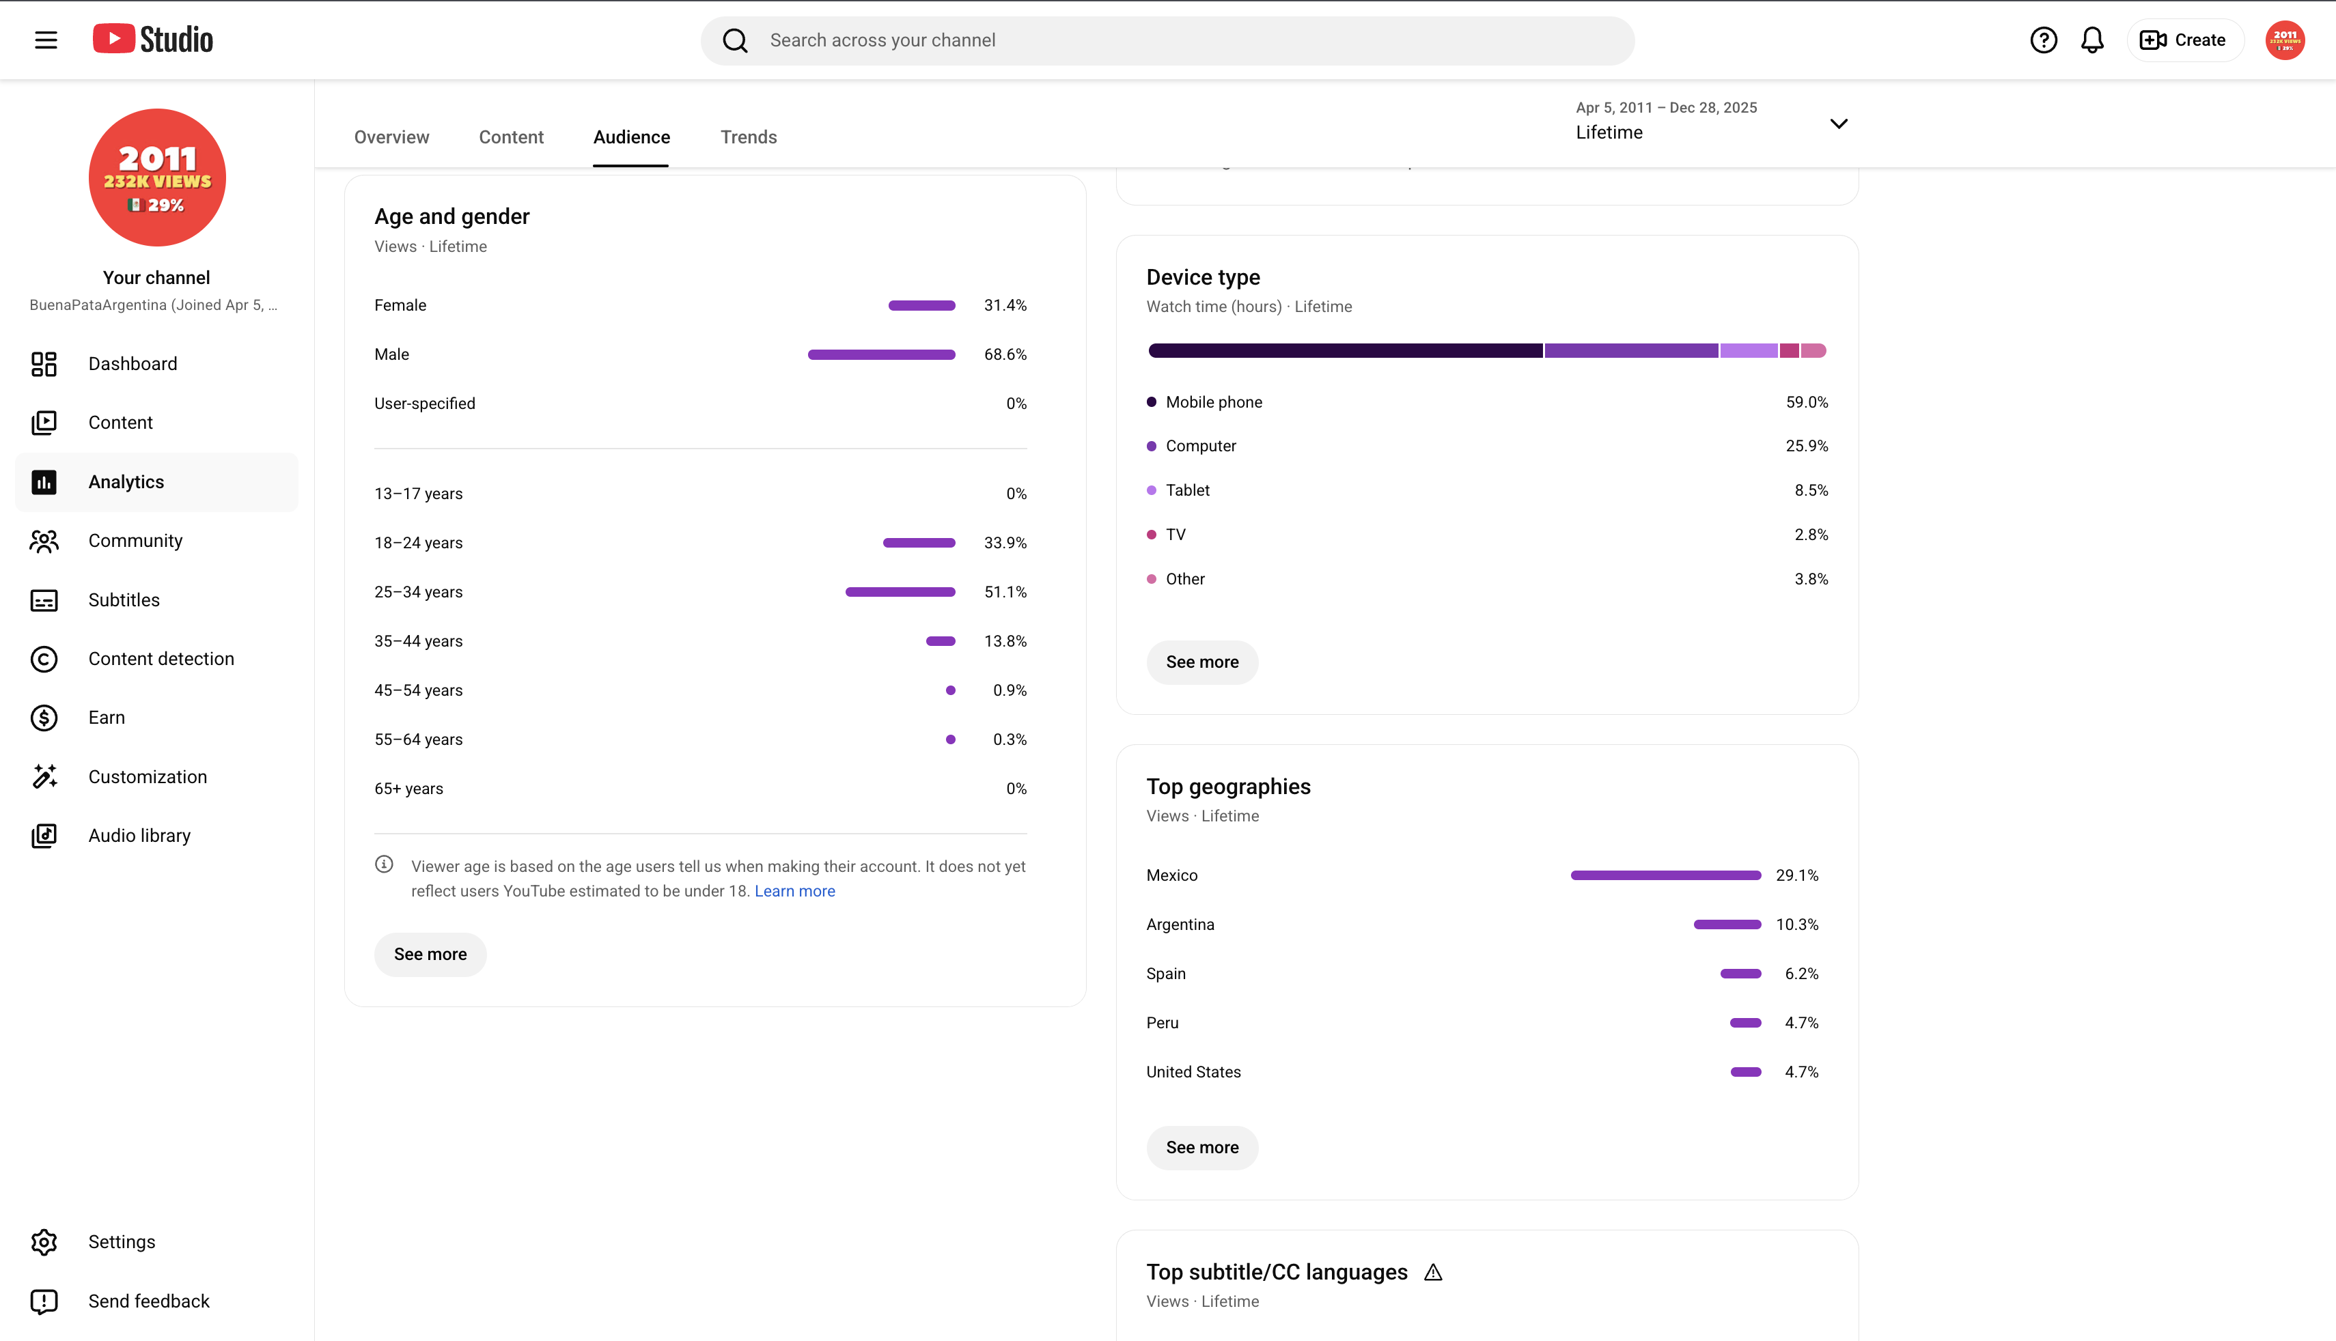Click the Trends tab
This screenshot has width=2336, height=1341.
click(748, 137)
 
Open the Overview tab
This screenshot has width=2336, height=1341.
click(391, 137)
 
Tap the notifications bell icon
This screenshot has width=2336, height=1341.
click(2092, 40)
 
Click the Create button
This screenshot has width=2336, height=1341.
click(2184, 40)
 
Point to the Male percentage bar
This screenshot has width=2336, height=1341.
click(882, 354)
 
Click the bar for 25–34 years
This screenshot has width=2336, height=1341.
click(900, 592)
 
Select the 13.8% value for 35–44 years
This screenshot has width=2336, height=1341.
click(1005, 641)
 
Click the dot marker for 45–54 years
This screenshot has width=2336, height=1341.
click(951, 691)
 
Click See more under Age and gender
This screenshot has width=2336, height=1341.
click(430, 954)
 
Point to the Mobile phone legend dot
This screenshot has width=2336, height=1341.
click(1152, 401)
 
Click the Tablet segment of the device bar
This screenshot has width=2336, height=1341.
click(1749, 351)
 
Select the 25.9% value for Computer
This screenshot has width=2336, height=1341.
click(1807, 446)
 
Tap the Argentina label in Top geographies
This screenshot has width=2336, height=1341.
click(1180, 924)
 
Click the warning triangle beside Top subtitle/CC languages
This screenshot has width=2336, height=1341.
click(1432, 1272)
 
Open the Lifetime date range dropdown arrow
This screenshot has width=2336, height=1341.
click(1839, 124)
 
